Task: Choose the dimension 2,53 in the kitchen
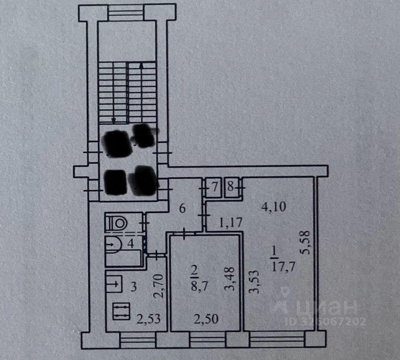tap(150, 319)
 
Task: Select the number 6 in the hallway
tap(182, 209)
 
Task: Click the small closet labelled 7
tap(213, 188)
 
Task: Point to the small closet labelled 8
tap(231, 188)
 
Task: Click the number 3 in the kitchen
tap(134, 286)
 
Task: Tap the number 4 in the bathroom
tap(129, 243)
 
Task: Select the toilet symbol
tap(117, 223)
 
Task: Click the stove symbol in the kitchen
tap(121, 311)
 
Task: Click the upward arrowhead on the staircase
tap(142, 65)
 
